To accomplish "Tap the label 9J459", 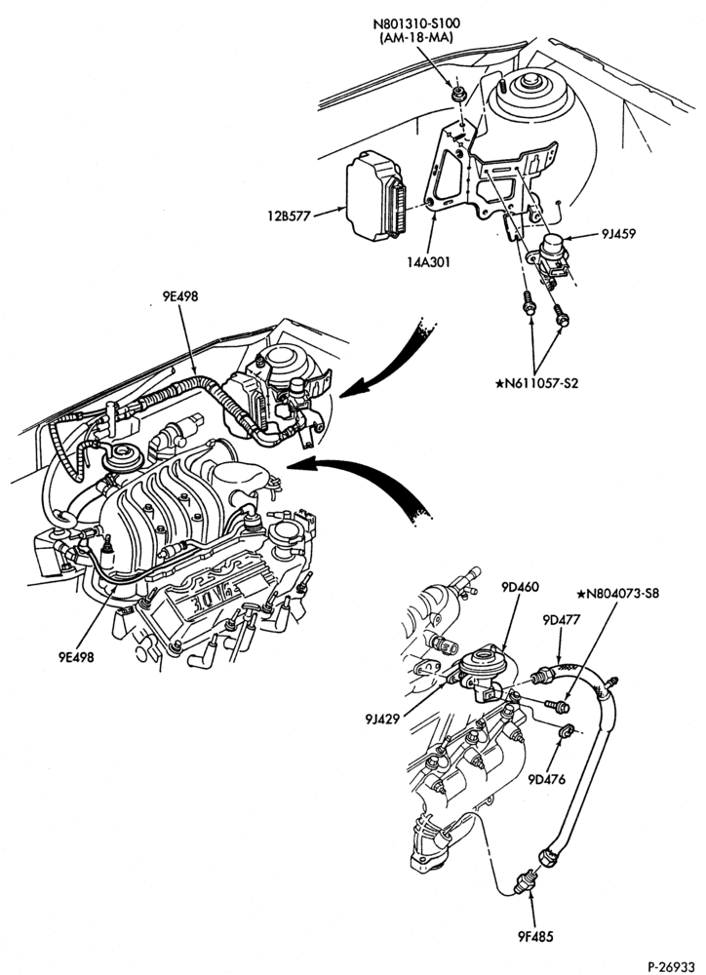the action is [617, 234].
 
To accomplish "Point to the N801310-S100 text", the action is [416, 24].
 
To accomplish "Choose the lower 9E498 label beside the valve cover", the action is [76, 656].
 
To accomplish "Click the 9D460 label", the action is [520, 587].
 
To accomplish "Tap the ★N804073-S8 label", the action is [618, 593].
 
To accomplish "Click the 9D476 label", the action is [547, 779].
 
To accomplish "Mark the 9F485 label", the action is [533, 936].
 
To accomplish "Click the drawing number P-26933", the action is [671, 966].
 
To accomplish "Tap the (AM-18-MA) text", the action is [416, 38].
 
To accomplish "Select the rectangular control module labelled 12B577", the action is [374, 195].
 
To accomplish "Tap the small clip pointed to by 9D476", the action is [567, 731].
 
